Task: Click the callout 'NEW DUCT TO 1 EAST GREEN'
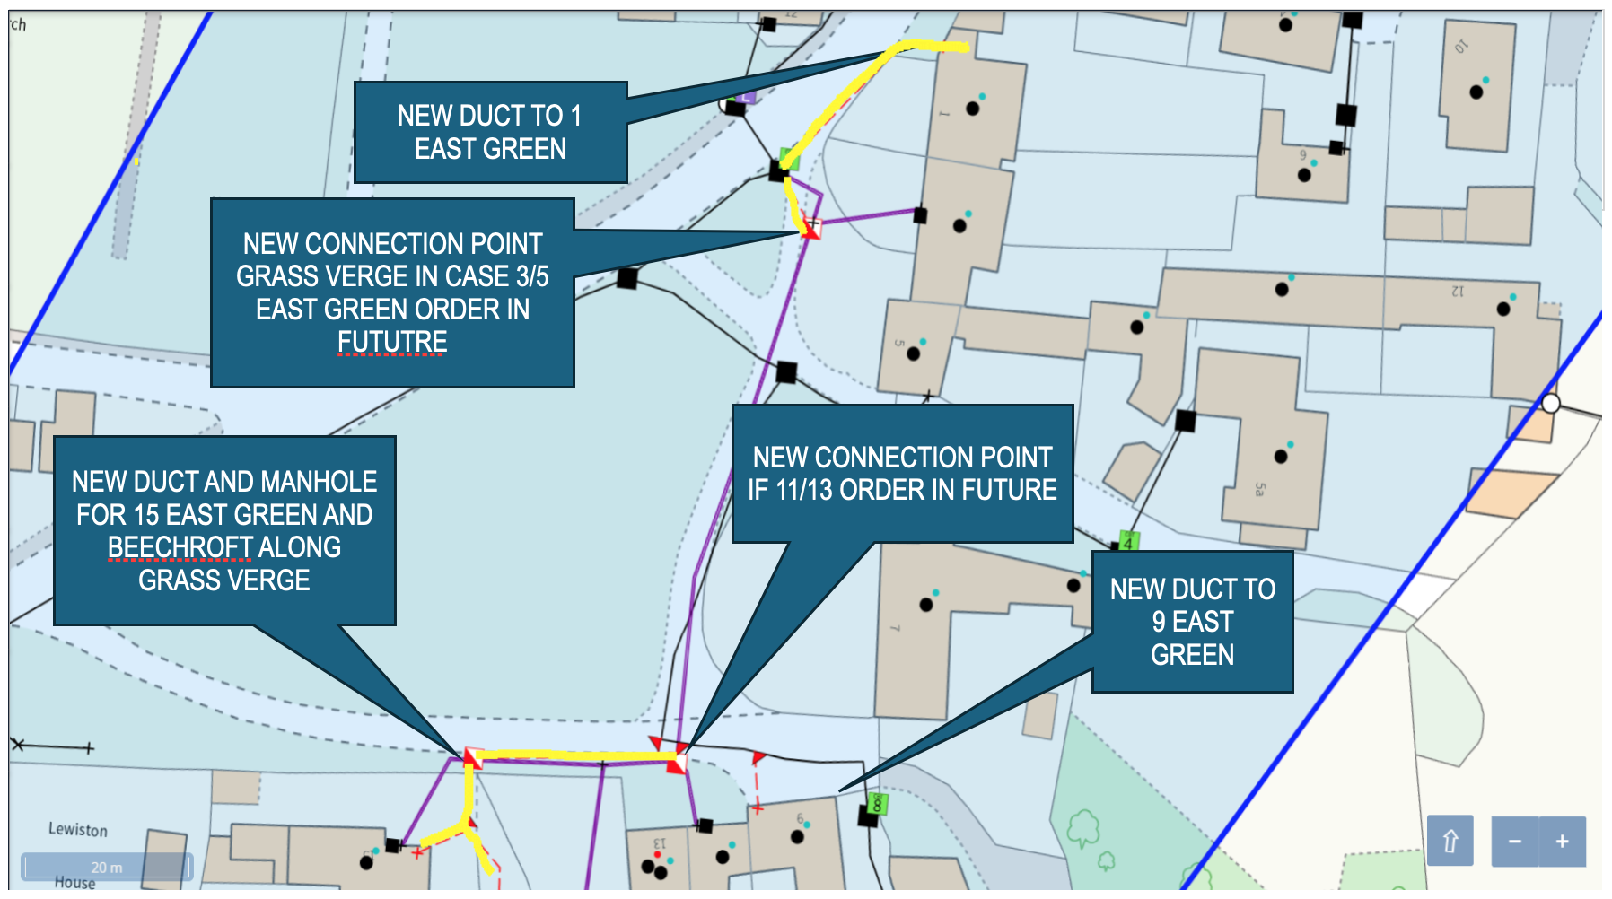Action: click(490, 132)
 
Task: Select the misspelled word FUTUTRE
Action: click(392, 342)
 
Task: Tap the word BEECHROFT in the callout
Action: click(180, 547)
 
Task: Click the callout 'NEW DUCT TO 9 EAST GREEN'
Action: click(1192, 622)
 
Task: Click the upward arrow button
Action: click(1450, 841)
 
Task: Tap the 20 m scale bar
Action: click(107, 867)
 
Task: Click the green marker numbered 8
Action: click(877, 805)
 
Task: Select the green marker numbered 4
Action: click(1127, 542)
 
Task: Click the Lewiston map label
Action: click(78, 830)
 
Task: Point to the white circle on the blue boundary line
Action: click(1550, 403)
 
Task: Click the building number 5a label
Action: click(1260, 489)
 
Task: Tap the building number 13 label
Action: click(660, 843)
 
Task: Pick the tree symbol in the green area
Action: click(1083, 827)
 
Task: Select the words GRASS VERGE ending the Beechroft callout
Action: click(224, 580)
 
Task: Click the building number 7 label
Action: click(895, 628)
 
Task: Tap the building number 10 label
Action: click(1461, 47)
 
